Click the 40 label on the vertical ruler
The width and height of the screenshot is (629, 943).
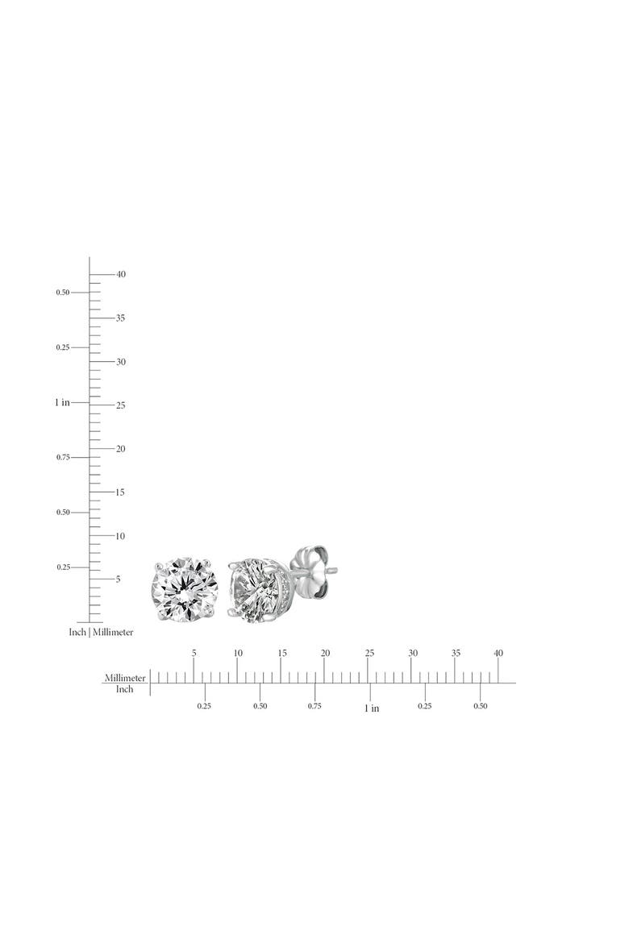[x=121, y=274]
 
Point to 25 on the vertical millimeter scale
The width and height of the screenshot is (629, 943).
[x=121, y=405]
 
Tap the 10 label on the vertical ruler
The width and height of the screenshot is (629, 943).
[x=120, y=536]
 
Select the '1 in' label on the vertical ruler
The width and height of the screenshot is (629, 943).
[x=62, y=402]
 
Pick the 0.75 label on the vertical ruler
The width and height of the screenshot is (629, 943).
[x=63, y=457]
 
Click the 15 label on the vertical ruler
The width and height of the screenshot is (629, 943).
[x=120, y=492]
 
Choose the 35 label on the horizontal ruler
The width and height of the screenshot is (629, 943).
[x=456, y=653]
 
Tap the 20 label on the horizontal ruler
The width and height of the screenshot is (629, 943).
[x=326, y=653]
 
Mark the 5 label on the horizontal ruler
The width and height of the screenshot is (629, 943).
[x=194, y=653]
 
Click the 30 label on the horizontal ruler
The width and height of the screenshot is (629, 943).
[x=413, y=653]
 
